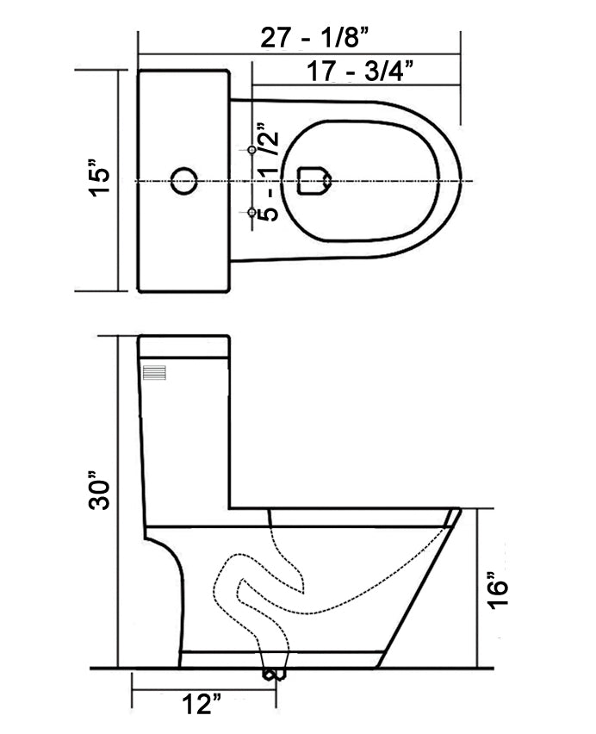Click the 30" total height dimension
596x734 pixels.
(x=101, y=491)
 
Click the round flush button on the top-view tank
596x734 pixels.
(x=183, y=181)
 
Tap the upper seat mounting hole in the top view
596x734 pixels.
(x=252, y=150)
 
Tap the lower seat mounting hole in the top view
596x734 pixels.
(x=252, y=212)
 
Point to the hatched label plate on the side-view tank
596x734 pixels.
(x=156, y=373)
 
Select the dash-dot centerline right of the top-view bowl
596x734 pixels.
(x=465, y=181)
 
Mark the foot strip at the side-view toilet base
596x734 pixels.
(x=280, y=659)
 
